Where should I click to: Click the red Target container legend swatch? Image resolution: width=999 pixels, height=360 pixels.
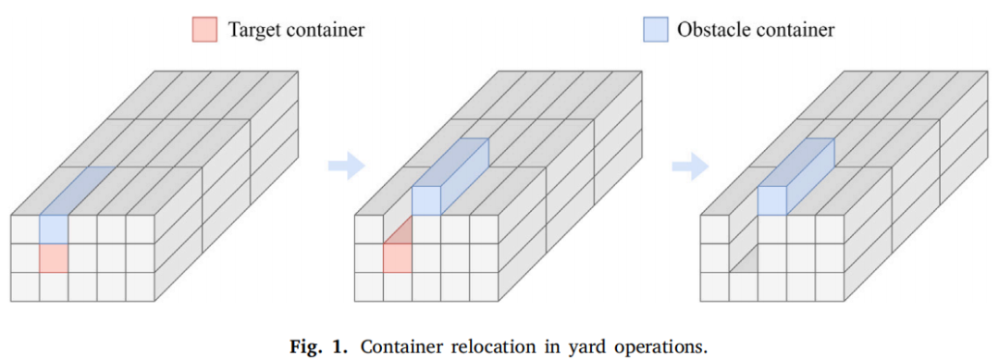[x=204, y=30]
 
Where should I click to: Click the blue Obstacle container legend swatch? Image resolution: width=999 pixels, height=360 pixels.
[x=656, y=30]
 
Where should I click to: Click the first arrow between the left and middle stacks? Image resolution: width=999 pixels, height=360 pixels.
[x=347, y=167]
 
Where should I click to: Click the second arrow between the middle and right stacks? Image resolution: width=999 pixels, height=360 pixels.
[x=691, y=167]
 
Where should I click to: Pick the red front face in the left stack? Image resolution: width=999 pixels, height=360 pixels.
[x=53, y=258]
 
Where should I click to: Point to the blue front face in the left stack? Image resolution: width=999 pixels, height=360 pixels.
[x=53, y=230]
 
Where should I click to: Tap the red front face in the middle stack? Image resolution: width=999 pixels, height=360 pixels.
[x=398, y=258]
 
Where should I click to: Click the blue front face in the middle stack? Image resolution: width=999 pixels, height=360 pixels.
[x=426, y=201]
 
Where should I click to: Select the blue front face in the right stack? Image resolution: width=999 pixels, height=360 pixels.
[x=771, y=201]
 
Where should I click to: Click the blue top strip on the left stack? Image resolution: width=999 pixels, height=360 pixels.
[x=77, y=192]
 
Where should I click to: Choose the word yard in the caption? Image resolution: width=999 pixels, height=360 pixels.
[x=551, y=349]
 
